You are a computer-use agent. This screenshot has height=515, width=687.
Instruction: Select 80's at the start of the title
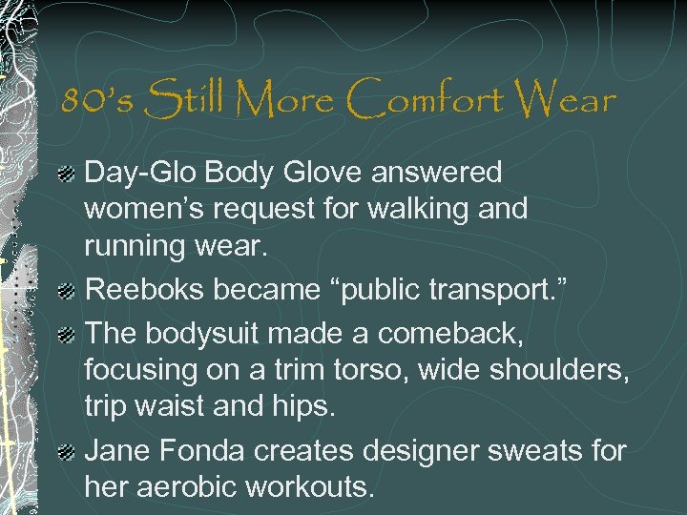(x=93, y=99)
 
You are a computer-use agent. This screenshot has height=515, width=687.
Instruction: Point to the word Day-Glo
(x=137, y=174)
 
